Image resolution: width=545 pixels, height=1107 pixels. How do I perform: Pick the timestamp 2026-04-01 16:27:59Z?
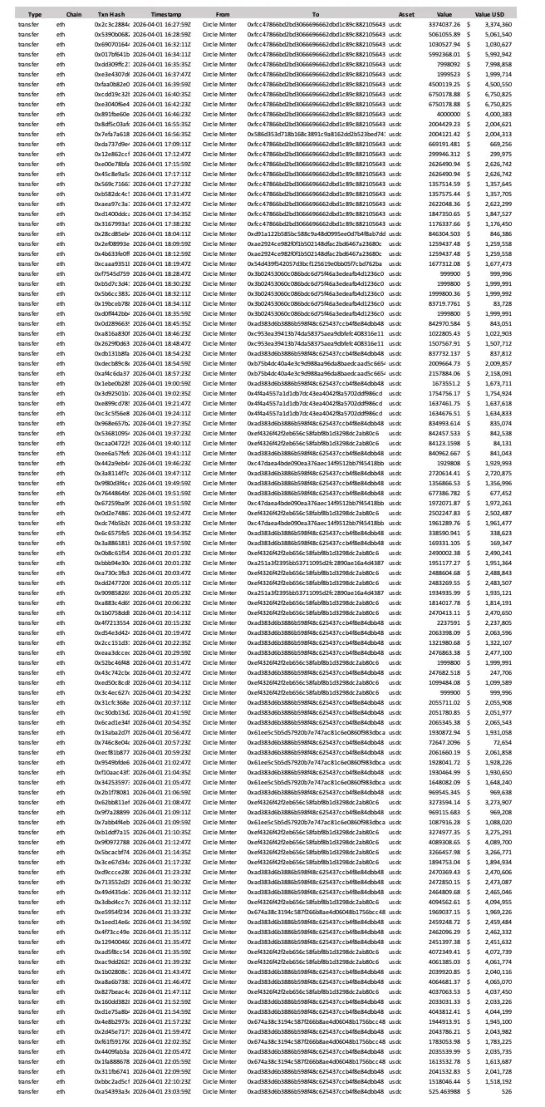(x=161, y=26)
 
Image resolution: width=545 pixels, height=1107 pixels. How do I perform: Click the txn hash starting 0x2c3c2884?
(x=112, y=26)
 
